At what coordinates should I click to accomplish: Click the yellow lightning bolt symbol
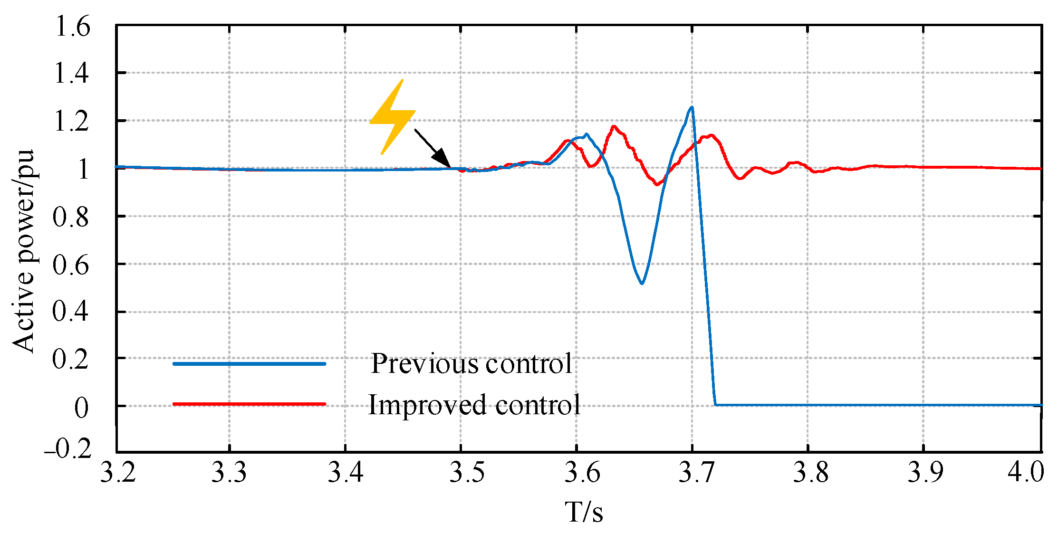(392, 117)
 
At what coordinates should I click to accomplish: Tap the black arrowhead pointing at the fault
(442, 157)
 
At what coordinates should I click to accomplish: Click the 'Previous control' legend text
(471, 364)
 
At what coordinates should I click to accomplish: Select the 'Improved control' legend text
(474, 405)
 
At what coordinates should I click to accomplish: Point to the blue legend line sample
(249, 364)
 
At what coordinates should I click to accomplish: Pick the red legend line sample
(249, 404)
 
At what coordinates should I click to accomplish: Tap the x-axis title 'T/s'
(584, 512)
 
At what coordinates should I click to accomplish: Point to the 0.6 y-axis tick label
(71, 265)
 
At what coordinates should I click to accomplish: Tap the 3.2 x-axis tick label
(118, 473)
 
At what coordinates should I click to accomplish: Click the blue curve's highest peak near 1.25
(692, 107)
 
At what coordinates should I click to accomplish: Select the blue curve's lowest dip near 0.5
(642, 284)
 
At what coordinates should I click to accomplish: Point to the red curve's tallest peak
(614, 126)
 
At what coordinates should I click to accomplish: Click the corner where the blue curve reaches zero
(715, 405)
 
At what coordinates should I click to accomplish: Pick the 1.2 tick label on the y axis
(72, 122)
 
